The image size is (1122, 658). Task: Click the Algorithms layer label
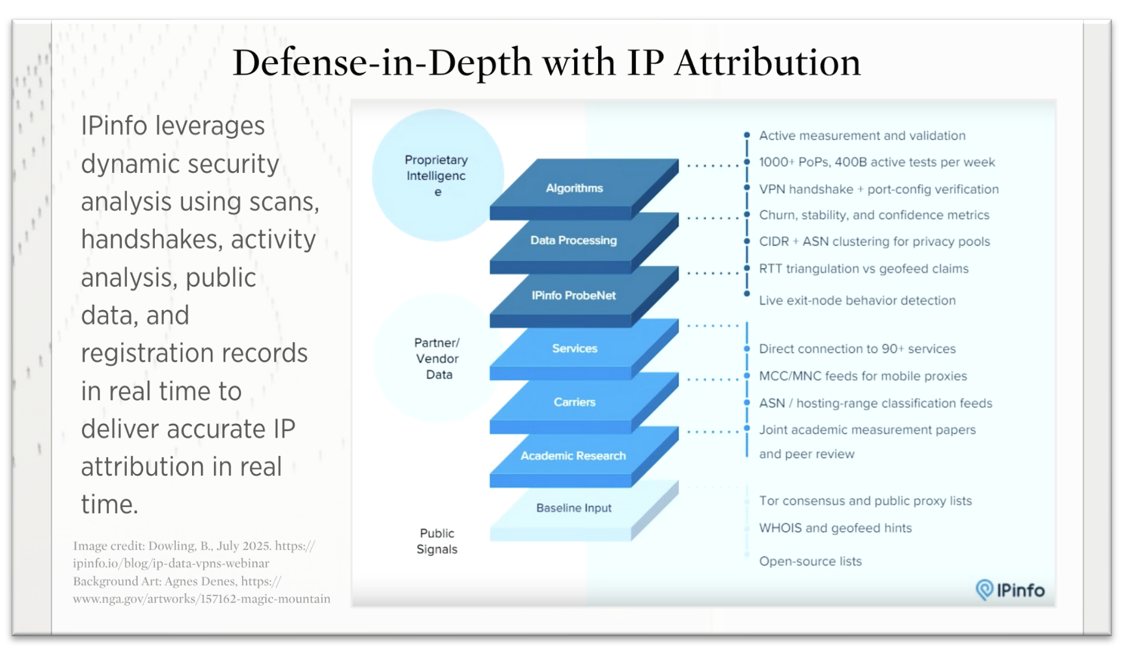(574, 188)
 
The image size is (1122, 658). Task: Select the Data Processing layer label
(573, 240)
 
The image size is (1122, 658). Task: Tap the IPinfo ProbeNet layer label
(573, 295)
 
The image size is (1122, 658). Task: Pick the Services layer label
(575, 349)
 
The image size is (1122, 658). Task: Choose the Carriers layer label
(574, 402)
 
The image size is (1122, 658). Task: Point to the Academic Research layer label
(573, 456)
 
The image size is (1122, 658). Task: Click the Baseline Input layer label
(573, 508)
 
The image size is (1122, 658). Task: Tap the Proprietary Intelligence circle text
(436, 176)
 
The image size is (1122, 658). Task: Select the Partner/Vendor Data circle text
(437, 358)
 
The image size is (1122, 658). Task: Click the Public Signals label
(437, 541)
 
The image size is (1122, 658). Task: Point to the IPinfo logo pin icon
(984, 590)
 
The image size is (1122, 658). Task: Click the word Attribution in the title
(767, 62)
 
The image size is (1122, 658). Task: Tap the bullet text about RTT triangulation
(864, 269)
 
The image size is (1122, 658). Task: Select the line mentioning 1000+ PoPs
(877, 162)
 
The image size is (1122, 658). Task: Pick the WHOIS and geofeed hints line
(835, 528)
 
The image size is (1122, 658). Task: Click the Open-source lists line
(810, 561)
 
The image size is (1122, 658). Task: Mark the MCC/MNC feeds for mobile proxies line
(863, 376)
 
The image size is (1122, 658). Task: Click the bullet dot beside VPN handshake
(746, 188)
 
